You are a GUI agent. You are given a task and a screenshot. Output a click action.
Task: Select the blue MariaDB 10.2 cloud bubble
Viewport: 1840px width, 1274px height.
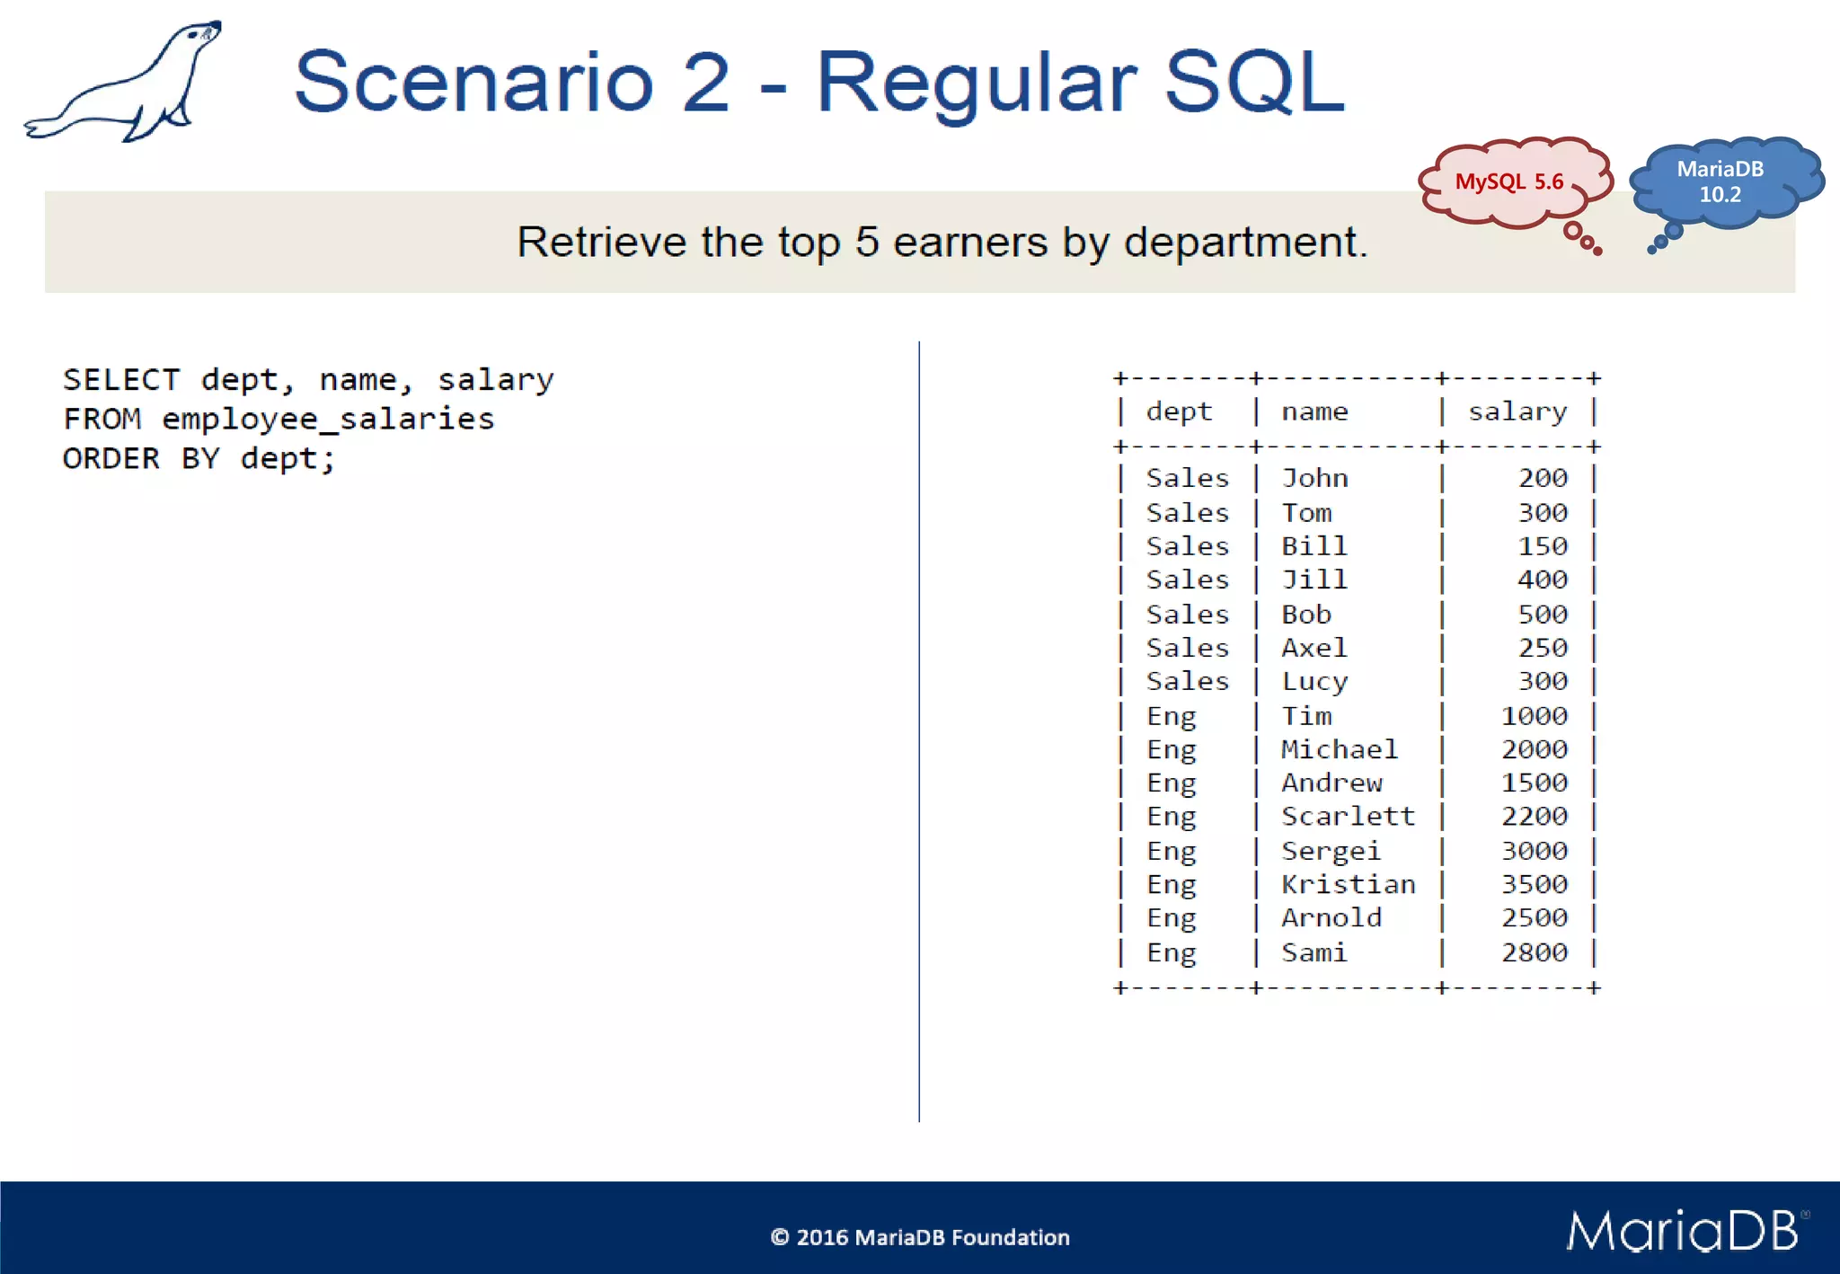1720,182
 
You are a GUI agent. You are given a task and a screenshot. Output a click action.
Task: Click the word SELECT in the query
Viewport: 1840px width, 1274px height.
120,380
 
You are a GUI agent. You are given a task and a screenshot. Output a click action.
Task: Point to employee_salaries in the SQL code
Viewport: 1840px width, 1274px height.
328,420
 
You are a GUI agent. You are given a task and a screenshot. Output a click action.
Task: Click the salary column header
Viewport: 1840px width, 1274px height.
1517,411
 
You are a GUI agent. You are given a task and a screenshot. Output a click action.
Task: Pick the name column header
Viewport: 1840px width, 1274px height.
1314,411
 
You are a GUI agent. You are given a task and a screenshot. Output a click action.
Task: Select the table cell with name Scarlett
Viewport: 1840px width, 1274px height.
1347,817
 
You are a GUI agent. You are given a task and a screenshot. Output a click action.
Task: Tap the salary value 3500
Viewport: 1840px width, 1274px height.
1534,884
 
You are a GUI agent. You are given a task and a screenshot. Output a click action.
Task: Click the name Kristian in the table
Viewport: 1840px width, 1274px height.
1347,884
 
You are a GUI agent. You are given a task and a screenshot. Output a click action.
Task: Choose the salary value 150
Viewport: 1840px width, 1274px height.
1542,546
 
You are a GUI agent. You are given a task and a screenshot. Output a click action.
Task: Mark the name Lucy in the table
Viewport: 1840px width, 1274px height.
1314,682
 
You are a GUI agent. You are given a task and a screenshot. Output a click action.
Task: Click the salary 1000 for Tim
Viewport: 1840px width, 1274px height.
1534,716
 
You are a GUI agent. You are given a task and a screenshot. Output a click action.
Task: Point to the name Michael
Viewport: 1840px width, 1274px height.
1339,749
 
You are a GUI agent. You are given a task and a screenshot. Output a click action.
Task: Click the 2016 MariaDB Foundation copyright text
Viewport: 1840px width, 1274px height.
920,1237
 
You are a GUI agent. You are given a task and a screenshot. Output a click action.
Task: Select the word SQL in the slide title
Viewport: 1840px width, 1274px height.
1254,83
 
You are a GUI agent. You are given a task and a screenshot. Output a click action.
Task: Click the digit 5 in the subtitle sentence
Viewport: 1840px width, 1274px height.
866,243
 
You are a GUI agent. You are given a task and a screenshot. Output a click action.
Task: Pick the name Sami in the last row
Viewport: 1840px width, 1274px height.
1314,952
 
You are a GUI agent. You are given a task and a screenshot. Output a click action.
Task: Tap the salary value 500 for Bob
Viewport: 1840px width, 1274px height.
1542,615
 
